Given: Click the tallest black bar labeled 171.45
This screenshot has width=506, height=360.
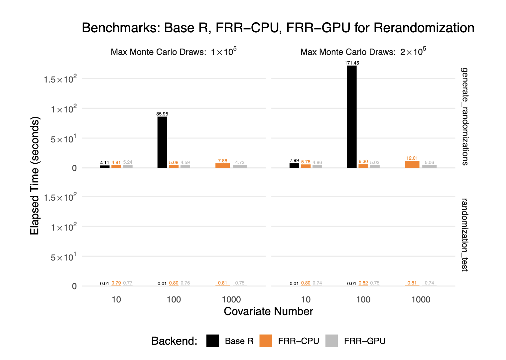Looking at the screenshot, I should tap(352, 116).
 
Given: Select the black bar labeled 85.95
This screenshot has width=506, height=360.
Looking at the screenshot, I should tap(162, 142).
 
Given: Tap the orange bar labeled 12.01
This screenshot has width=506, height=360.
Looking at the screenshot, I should tap(412, 164).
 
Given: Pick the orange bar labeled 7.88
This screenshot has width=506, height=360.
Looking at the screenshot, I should tap(222, 166).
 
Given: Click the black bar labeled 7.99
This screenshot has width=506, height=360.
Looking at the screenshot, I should tap(294, 165).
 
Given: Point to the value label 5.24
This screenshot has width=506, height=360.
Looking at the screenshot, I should tap(128, 162).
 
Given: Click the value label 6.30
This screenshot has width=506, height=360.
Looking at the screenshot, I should tap(363, 162).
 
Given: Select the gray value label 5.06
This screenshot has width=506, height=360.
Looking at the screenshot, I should tap(429, 163).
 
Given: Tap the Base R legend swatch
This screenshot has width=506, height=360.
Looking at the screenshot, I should tap(212, 341).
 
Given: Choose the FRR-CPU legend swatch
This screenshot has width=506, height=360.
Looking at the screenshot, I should tap(266, 341).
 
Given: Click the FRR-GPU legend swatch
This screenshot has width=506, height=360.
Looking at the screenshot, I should tap(331, 341).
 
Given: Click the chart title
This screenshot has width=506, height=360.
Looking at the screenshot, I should tap(278, 28).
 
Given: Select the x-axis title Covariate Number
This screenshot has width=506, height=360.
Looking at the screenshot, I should tap(268, 311).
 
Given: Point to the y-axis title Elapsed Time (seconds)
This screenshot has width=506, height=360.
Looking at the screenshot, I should tap(35, 176).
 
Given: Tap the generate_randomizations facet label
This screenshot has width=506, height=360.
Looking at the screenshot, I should tap(464, 116).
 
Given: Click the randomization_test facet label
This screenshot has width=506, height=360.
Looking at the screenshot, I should tap(464, 235).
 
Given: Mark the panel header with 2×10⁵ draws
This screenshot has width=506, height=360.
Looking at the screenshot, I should tap(363, 52).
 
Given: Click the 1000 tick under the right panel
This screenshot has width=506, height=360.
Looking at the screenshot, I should tap(421, 299).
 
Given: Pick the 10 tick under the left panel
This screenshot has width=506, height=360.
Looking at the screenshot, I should tap(116, 299).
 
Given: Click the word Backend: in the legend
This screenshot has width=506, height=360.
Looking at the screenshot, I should tap(174, 341).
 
